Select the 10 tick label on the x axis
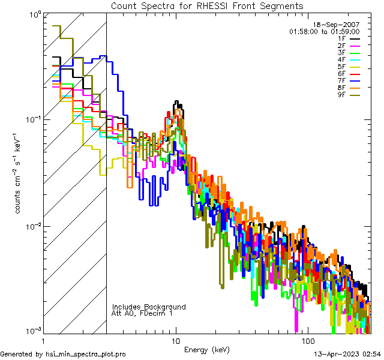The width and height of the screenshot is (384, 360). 176,340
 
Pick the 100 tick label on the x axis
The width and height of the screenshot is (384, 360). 307,340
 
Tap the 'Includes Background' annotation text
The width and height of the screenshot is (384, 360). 149,307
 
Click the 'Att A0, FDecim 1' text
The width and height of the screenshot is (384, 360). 142,313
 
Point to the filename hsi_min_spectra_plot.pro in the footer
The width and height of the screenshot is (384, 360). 86,354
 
